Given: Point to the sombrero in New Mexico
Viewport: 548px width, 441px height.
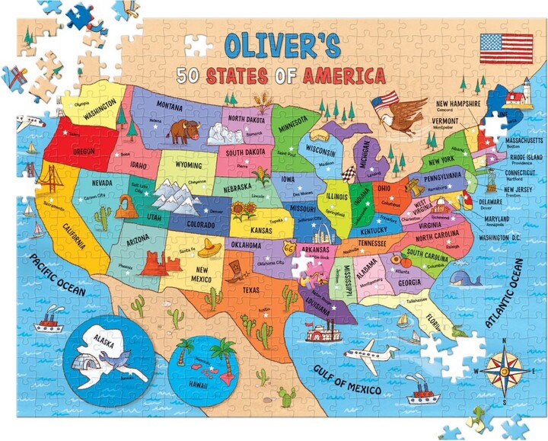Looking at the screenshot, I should point(210,246).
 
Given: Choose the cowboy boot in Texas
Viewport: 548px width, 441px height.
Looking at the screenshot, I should point(236,271).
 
